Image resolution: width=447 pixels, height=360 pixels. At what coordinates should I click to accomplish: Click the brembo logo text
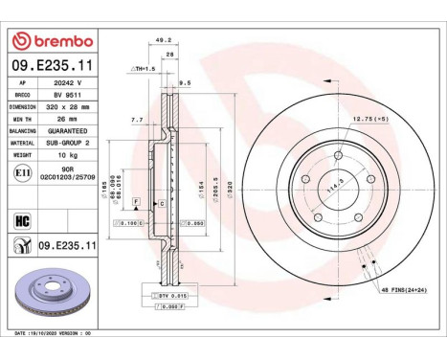pos(58,42)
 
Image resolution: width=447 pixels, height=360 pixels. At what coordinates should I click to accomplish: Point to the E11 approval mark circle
pos(24,171)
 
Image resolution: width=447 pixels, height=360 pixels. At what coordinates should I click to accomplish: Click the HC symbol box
pos(23,218)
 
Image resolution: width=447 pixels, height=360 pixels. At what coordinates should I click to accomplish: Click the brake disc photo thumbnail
pos(50,297)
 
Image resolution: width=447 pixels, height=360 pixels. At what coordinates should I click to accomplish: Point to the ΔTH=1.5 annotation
pos(145,70)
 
